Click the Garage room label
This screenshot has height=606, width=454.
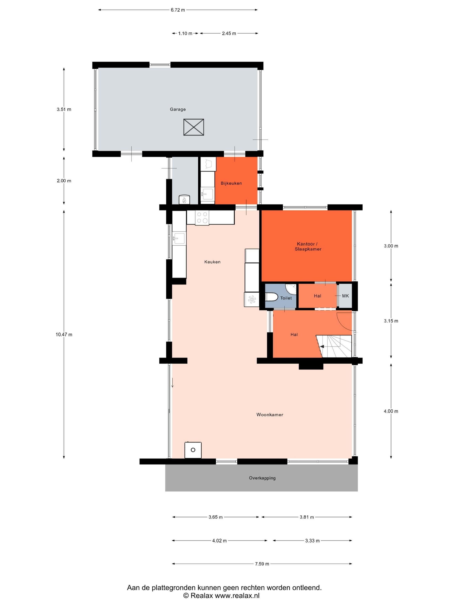(x=178, y=109)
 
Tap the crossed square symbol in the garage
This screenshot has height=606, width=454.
(x=194, y=127)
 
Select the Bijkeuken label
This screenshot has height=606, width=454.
(x=231, y=183)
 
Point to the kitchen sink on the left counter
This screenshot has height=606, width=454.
(x=179, y=238)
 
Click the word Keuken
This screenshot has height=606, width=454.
(x=212, y=262)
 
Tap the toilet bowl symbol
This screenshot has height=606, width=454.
(x=272, y=297)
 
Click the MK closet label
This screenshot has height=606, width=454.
(x=345, y=296)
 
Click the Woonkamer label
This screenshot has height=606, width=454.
(x=269, y=415)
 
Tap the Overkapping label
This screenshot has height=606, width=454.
(x=262, y=478)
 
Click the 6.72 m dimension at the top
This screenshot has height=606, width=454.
(x=178, y=10)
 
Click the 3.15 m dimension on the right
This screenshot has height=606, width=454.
(x=391, y=321)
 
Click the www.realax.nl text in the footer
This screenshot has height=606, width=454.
(x=237, y=595)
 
